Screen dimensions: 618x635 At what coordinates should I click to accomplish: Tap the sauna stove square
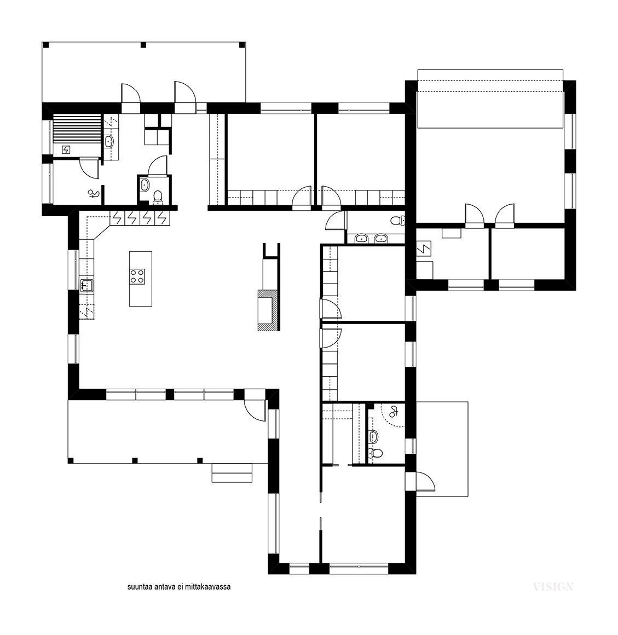click(x=66, y=150)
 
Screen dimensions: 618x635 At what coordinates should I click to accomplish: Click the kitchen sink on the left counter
click(x=87, y=285)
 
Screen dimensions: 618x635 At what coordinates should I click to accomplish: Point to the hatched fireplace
click(x=268, y=310)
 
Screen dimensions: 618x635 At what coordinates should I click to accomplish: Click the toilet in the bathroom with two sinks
click(x=397, y=221)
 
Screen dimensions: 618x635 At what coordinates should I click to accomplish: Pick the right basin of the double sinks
click(x=380, y=239)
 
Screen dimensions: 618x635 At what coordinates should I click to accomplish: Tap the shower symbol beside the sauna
click(x=94, y=194)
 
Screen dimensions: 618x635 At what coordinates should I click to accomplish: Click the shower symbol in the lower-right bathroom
click(x=394, y=412)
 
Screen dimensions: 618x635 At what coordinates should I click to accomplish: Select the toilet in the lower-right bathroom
click(x=376, y=454)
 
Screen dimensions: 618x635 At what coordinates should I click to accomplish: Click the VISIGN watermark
click(x=553, y=587)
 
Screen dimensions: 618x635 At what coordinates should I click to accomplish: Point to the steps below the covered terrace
click(x=232, y=472)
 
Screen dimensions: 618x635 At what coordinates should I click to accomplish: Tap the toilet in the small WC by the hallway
click(x=158, y=197)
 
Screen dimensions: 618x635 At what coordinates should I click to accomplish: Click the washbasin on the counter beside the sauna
click(x=108, y=141)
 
